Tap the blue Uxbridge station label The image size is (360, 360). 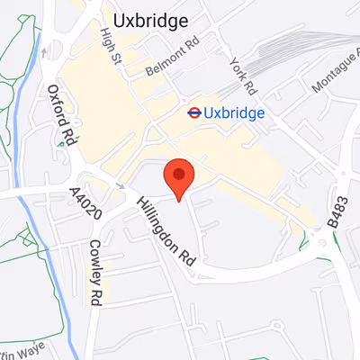[x=233, y=113]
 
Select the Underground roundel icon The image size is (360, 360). [x=193, y=112]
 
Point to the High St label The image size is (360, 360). [x=113, y=42]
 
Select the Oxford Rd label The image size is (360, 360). [x=62, y=116]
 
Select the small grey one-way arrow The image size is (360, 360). [x=121, y=186]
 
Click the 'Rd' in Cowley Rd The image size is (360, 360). [x=96, y=293]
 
